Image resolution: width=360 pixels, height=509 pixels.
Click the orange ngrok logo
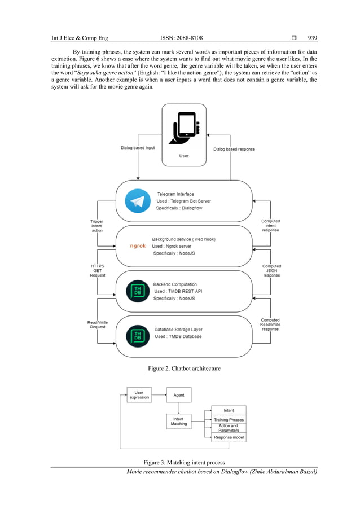coord(138,247)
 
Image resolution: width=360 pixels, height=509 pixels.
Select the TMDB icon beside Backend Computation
coord(138,291)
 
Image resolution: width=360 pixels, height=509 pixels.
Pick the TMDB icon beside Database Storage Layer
coord(138,336)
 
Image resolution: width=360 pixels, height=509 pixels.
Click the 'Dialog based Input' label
coord(138,148)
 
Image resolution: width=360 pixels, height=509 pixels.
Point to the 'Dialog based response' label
coord(234,149)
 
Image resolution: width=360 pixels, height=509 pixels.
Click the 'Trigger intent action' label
coord(96,226)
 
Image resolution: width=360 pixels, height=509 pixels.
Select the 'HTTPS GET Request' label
coord(97,270)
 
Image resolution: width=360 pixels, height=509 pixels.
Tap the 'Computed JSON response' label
coord(271,270)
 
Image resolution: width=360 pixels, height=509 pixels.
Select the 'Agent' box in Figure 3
coord(179,395)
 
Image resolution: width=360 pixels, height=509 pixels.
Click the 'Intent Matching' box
coord(179,421)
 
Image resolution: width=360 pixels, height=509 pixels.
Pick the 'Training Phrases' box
coord(229,420)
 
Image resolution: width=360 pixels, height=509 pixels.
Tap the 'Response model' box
coord(229,437)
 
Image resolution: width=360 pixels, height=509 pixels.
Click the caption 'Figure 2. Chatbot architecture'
coord(184,368)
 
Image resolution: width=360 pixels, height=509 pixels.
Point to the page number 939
coord(312,38)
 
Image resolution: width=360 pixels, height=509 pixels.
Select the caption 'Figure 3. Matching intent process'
coord(184,463)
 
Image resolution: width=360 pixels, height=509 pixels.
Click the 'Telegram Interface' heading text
coord(175,194)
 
